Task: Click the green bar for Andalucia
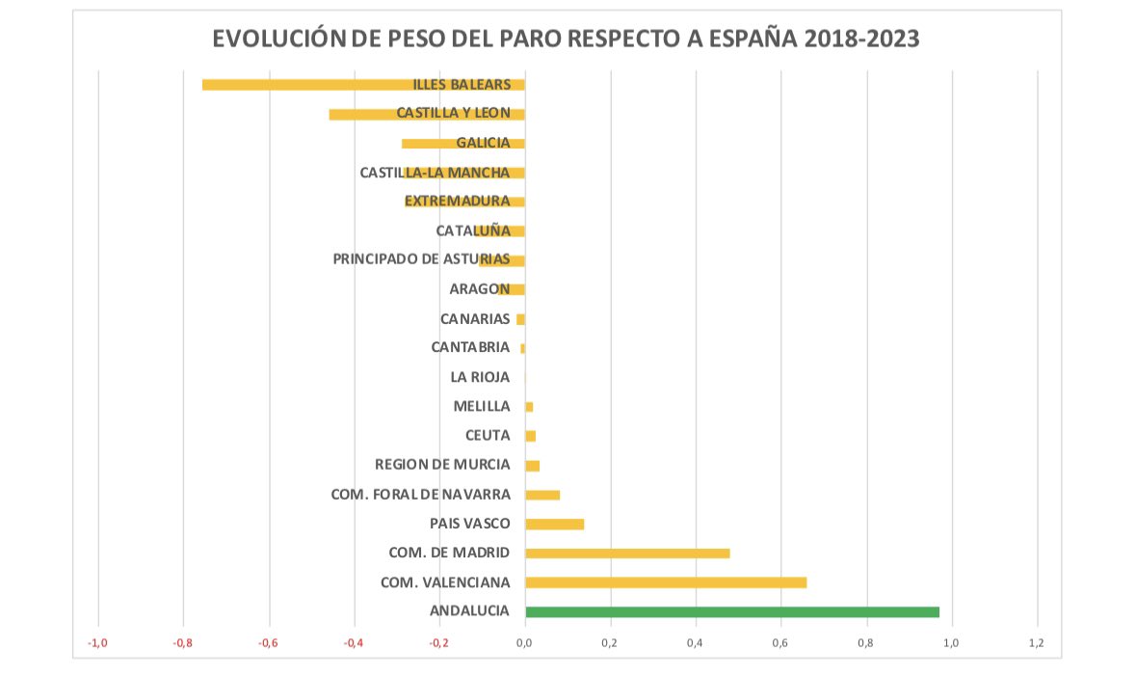pos(731,611)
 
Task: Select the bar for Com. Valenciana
pos(665,582)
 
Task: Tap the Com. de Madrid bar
pos(626,554)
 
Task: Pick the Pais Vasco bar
pos(554,524)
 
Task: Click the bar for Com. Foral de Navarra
pos(542,495)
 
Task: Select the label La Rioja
pos(480,378)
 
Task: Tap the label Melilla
pos(481,407)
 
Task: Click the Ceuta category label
pos(487,436)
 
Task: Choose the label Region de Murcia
pos(442,465)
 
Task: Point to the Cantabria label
pos(470,348)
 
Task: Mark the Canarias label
pos(474,319)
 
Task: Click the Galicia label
pos(483,143)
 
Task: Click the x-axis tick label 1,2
pos(1037,643)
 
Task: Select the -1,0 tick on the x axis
pos(97,643)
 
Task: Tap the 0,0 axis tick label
pos(524,643)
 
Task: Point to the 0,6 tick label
pos(780,643)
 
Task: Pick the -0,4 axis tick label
pos(354,643)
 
